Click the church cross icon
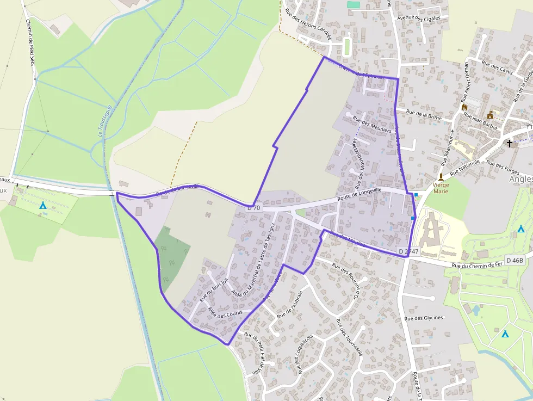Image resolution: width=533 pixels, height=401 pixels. (510, 144)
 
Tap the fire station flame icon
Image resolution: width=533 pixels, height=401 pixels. (465, 108)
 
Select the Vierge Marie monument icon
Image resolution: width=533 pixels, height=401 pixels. (441, 177)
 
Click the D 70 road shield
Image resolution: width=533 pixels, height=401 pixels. (254, 207)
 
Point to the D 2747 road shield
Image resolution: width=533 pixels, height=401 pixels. (407, 251)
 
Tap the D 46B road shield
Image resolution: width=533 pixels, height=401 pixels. (514, 260)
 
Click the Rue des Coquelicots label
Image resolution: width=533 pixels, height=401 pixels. (305, 354)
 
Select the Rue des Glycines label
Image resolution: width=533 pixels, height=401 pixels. (424, 318)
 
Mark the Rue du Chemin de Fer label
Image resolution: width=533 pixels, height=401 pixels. (476, 265)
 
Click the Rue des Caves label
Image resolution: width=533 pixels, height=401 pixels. (498, 69)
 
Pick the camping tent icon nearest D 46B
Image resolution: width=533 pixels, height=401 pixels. (521, 229)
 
